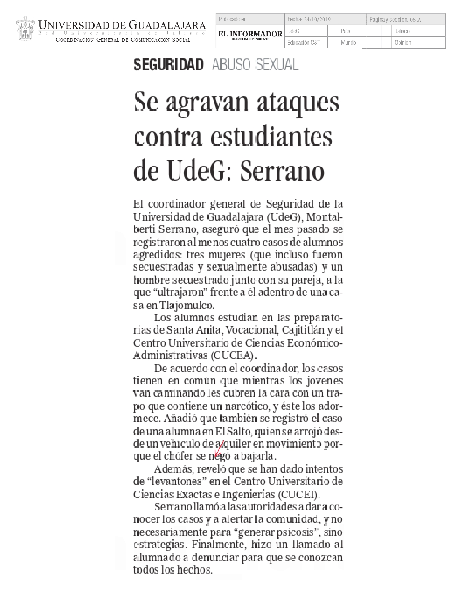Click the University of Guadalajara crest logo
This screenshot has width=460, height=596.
click(26, 29)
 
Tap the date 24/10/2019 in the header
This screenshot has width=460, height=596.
click(317, 20)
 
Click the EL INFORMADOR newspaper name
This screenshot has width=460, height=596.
click(250, 34)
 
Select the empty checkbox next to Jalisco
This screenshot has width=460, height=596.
click(440, 31)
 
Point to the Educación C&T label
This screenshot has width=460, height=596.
click(303, 43)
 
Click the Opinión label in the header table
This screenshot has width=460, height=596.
click(403, 43)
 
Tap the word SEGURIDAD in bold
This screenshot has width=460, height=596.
click(168, 65)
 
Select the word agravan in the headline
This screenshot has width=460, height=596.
click(207, 103)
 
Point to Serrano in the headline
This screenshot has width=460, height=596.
click(282, 171)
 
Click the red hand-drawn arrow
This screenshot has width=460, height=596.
click(219, 449)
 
